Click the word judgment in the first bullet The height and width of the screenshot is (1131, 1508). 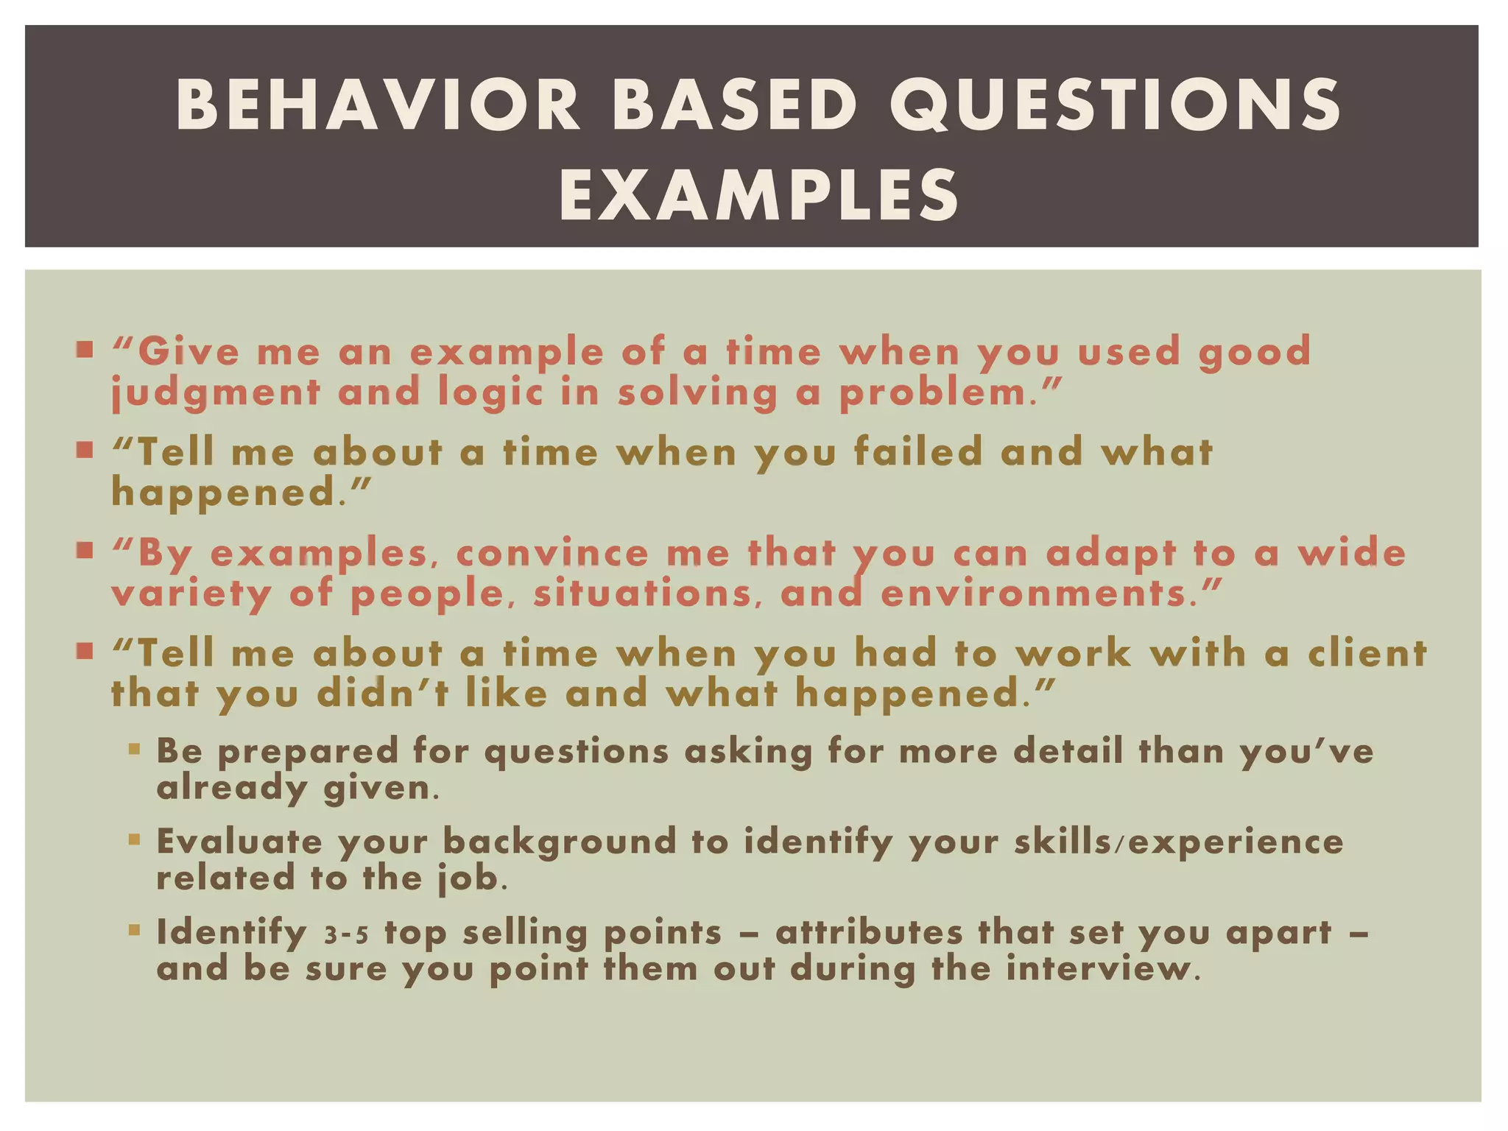tap(216, 392)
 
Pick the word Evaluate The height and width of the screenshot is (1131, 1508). tap(239, 842)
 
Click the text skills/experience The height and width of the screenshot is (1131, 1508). tap(1179, 842)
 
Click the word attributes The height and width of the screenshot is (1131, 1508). tap(869, 932)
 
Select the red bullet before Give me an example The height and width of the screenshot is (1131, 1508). tap(85, 349)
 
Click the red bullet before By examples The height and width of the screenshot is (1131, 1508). tap(85, 551)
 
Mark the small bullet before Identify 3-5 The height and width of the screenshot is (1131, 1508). tap(133, 931)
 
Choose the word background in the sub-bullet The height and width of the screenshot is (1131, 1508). tap(559, 842)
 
